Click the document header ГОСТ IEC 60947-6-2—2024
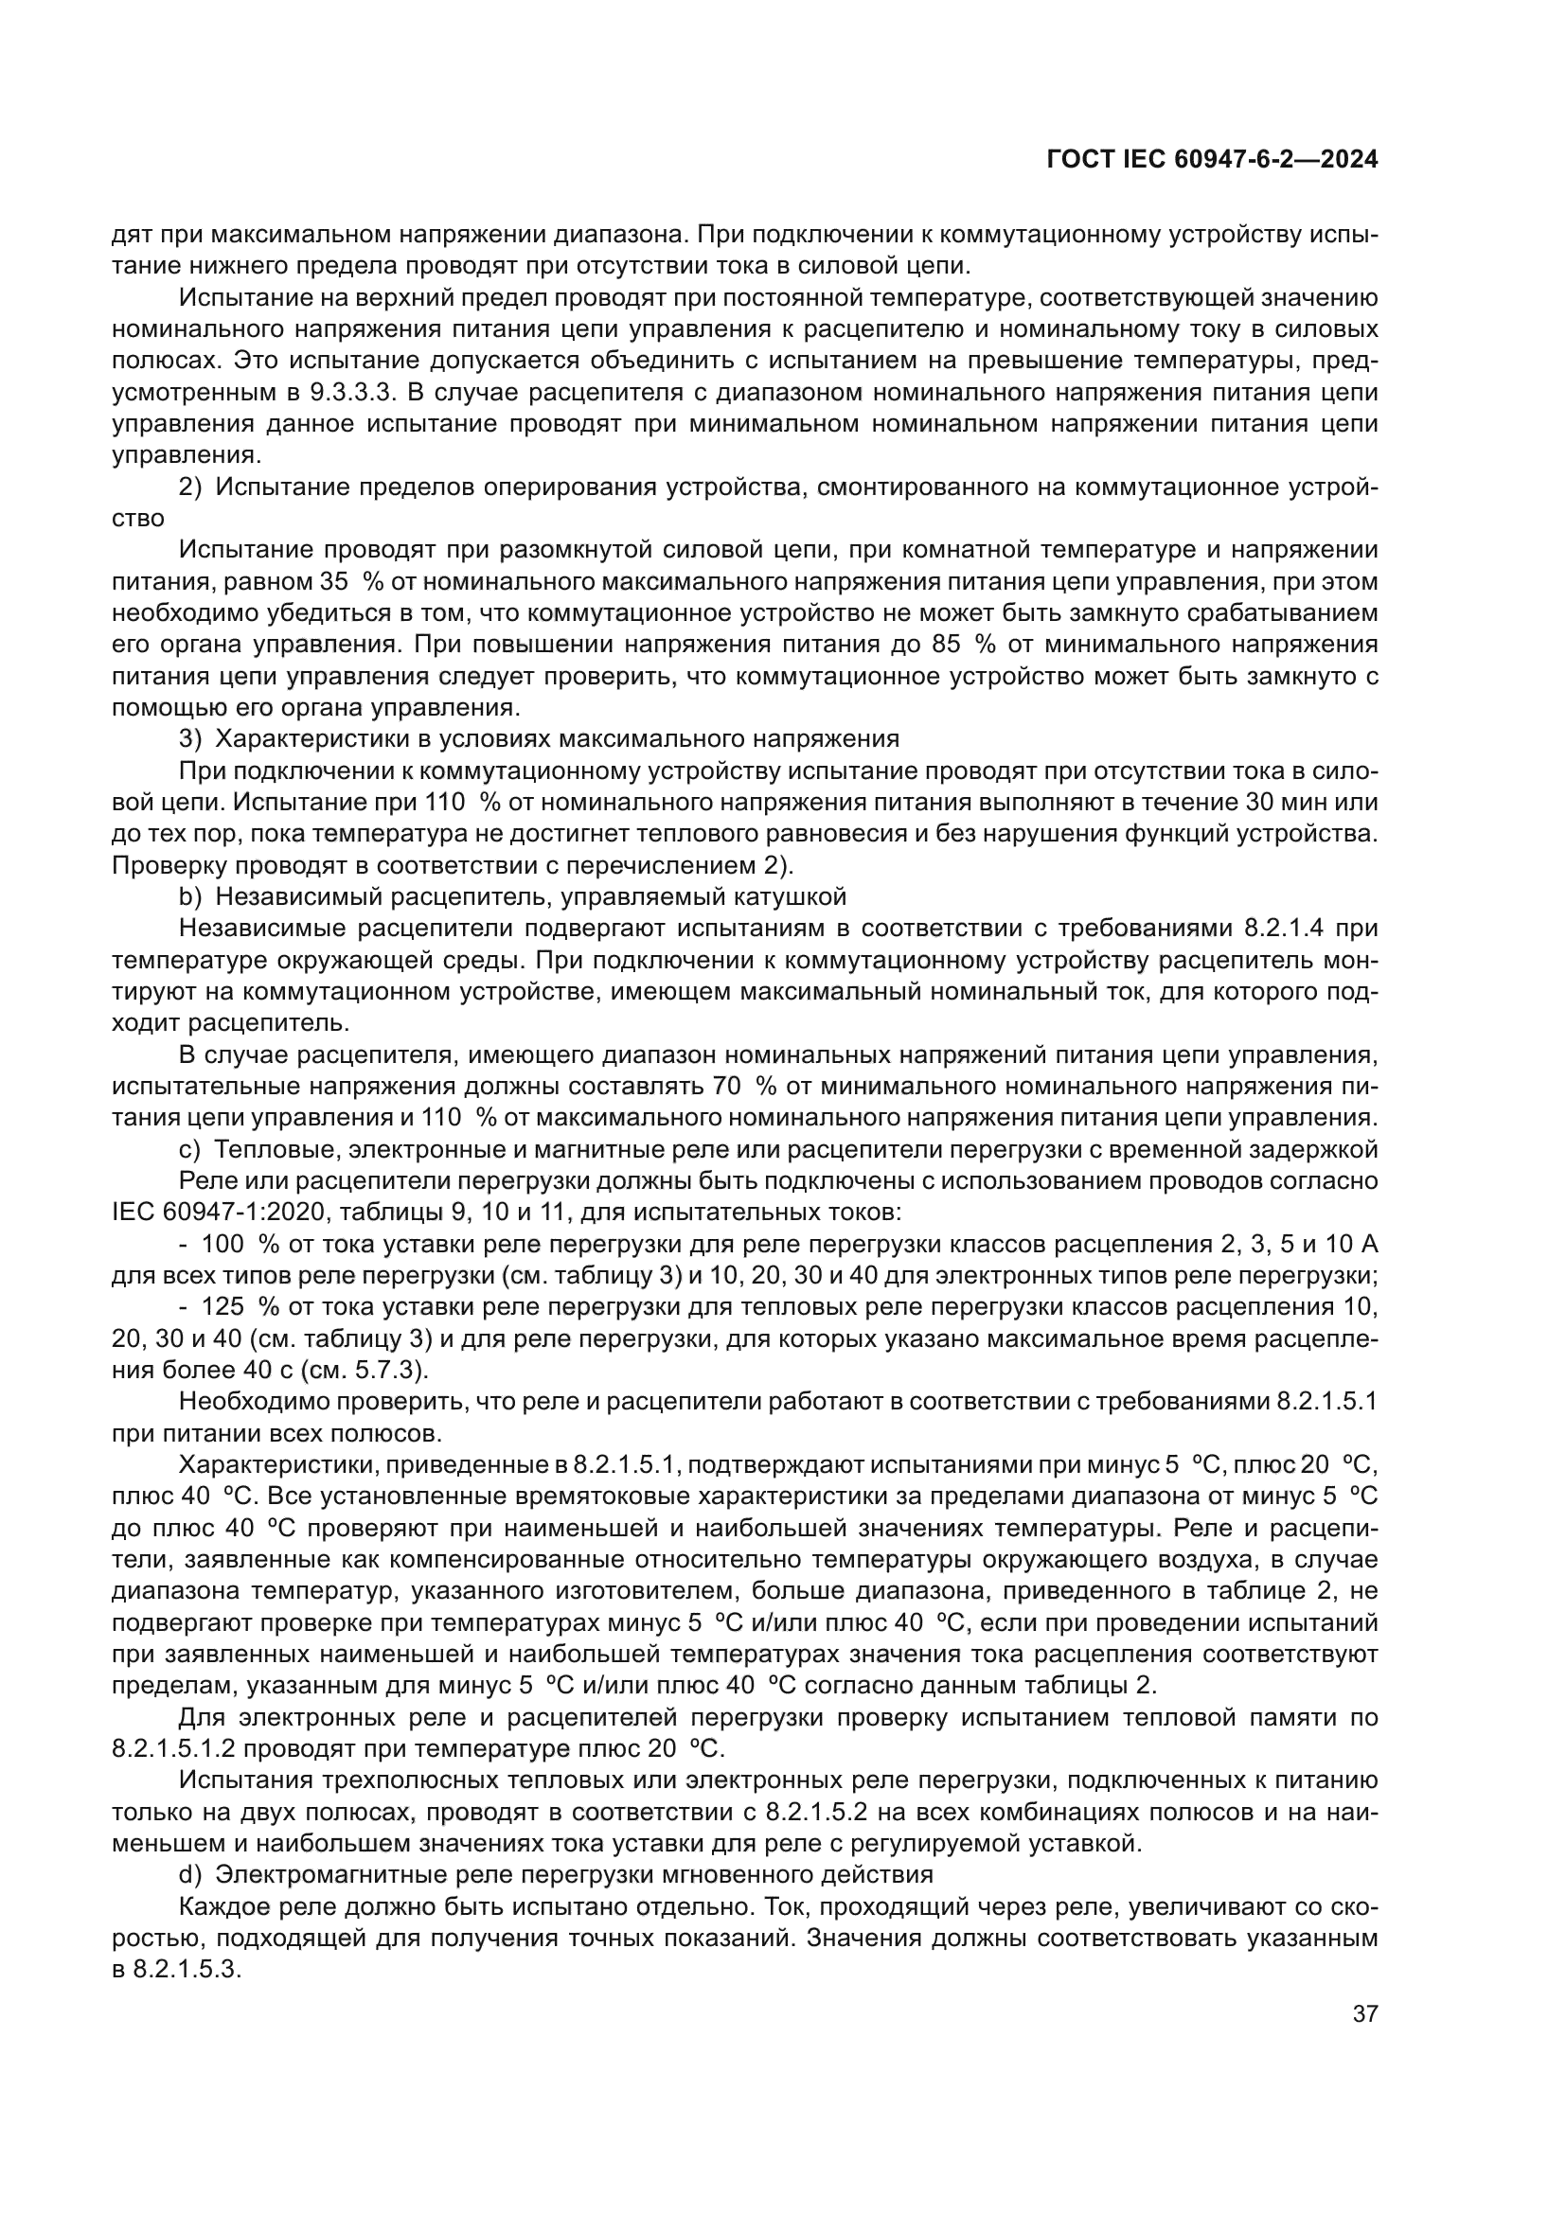(1211, 160)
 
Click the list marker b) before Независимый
(190, 896)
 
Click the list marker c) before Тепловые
(190, 1149)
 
